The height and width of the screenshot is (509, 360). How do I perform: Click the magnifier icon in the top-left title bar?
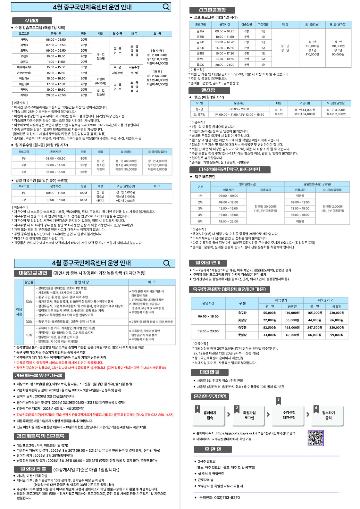click(166, 7)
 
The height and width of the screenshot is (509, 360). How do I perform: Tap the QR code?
click(315, 438)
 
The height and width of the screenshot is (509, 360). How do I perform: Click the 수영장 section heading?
click(32, 21)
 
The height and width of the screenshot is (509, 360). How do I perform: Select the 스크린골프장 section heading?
click(212, 10)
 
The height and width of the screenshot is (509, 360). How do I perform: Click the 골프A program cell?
click(200, 31)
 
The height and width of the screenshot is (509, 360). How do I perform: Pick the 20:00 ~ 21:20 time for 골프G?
click(224, 65)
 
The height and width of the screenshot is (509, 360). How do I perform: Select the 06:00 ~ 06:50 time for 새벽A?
click(56, 39)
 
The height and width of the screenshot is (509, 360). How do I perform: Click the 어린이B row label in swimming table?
click(24, 84)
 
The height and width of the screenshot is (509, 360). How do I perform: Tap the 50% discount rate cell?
click(29, 302)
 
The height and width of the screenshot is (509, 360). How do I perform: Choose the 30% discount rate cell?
click(29, 321)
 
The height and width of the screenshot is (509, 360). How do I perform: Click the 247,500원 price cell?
click(314, 328)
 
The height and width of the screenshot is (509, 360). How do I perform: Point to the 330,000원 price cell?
click(337, 328)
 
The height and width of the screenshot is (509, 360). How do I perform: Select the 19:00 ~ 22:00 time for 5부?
click(228, 221)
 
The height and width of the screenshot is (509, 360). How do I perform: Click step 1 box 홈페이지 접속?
click(210, 415)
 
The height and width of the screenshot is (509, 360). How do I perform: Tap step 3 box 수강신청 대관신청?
click(289, 415)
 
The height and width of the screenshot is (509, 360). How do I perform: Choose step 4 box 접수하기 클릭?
click(328, 415)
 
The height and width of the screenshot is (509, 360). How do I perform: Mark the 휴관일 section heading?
click(213, 449)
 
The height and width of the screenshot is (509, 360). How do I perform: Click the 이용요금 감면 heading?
click(33, 273)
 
